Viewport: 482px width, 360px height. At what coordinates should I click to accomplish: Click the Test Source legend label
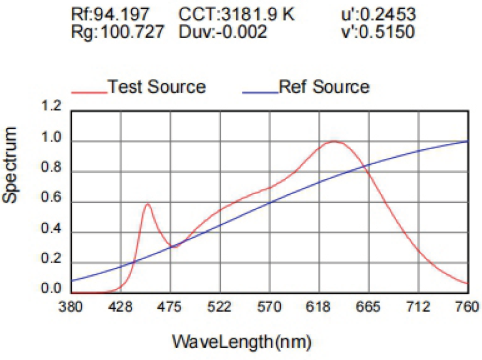pos(157,87)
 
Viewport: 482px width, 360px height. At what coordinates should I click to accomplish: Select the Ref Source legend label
pos(324,87)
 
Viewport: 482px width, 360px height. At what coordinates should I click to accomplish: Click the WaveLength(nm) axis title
pos(242,342)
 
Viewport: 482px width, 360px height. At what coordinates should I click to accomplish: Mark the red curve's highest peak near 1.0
pos(334,141)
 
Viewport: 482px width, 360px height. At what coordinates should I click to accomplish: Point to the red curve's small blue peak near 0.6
pos(148,204)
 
